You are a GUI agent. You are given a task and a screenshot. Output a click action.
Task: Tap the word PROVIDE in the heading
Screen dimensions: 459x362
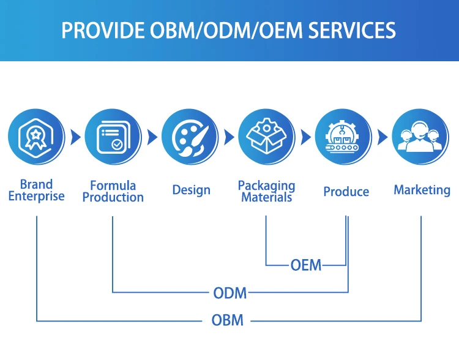click(103, 30)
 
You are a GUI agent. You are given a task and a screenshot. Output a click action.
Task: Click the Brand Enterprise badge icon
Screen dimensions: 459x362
click(36, 137)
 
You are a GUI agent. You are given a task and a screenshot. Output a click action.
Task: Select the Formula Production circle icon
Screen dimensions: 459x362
click(113, 137)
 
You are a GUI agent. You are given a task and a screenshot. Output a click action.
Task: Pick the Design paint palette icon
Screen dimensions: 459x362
click(190, 137)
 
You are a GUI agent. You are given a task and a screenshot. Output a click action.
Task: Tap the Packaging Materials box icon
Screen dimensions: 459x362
click(267, 137)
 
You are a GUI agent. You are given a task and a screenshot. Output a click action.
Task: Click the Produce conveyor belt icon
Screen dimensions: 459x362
click(343, 137)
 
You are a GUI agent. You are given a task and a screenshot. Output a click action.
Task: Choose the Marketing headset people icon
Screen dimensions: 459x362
click(420, 137)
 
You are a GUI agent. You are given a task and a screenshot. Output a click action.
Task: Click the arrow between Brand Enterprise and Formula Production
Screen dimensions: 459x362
click(75, 137)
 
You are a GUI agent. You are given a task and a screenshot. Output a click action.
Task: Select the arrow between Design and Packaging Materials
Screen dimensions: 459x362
click(229, 137)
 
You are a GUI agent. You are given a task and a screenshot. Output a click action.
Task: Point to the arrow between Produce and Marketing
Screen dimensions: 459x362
click(382, 137)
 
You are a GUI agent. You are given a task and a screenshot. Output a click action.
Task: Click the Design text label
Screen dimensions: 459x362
click(191, 190)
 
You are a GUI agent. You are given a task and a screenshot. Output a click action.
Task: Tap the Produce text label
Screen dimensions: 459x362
click(346, 192)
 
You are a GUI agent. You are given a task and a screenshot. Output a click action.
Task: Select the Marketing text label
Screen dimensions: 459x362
click(422, 190)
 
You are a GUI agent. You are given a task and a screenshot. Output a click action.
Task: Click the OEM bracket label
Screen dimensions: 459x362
click(306, 265)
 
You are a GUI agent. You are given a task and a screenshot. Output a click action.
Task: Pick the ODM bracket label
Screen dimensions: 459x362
click(230, 293)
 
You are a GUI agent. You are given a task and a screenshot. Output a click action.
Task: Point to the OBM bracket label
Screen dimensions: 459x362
click(228, 320)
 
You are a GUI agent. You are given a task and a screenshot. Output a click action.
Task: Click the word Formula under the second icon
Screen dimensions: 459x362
click(113, 185)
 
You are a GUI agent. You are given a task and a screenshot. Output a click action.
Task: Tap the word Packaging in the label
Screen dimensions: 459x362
click(267, 186)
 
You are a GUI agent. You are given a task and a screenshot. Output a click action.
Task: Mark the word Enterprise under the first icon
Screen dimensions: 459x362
click(36, 196)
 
